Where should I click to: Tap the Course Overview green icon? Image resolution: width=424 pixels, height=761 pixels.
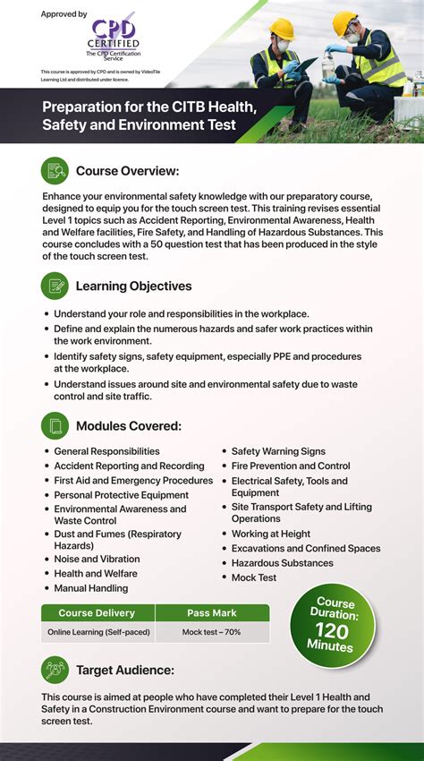[x=55, y=170]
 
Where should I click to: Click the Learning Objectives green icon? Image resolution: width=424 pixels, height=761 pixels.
[x=55, y=286]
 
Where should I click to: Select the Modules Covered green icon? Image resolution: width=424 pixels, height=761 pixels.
[x=55, y=425]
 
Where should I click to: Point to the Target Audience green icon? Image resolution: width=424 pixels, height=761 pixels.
[x=55, y=670]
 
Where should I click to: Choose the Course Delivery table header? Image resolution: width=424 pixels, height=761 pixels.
[x=97, y=613]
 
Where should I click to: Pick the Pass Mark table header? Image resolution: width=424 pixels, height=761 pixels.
[x=212, y=613]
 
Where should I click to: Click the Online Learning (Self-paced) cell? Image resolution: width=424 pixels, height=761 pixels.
[x=98, y=632]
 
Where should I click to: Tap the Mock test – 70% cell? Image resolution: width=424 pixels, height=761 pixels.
[x=212, y=632]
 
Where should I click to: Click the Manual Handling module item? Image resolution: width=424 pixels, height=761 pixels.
[x=90, y=588]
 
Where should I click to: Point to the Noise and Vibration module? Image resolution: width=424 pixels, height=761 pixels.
[x=97, y=559]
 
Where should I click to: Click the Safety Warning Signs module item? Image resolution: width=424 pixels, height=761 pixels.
[x=278, y=451]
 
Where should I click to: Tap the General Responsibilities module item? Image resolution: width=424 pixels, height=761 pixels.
[x=106, y=451]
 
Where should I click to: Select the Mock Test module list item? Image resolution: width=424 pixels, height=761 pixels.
[x=254, y=577]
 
